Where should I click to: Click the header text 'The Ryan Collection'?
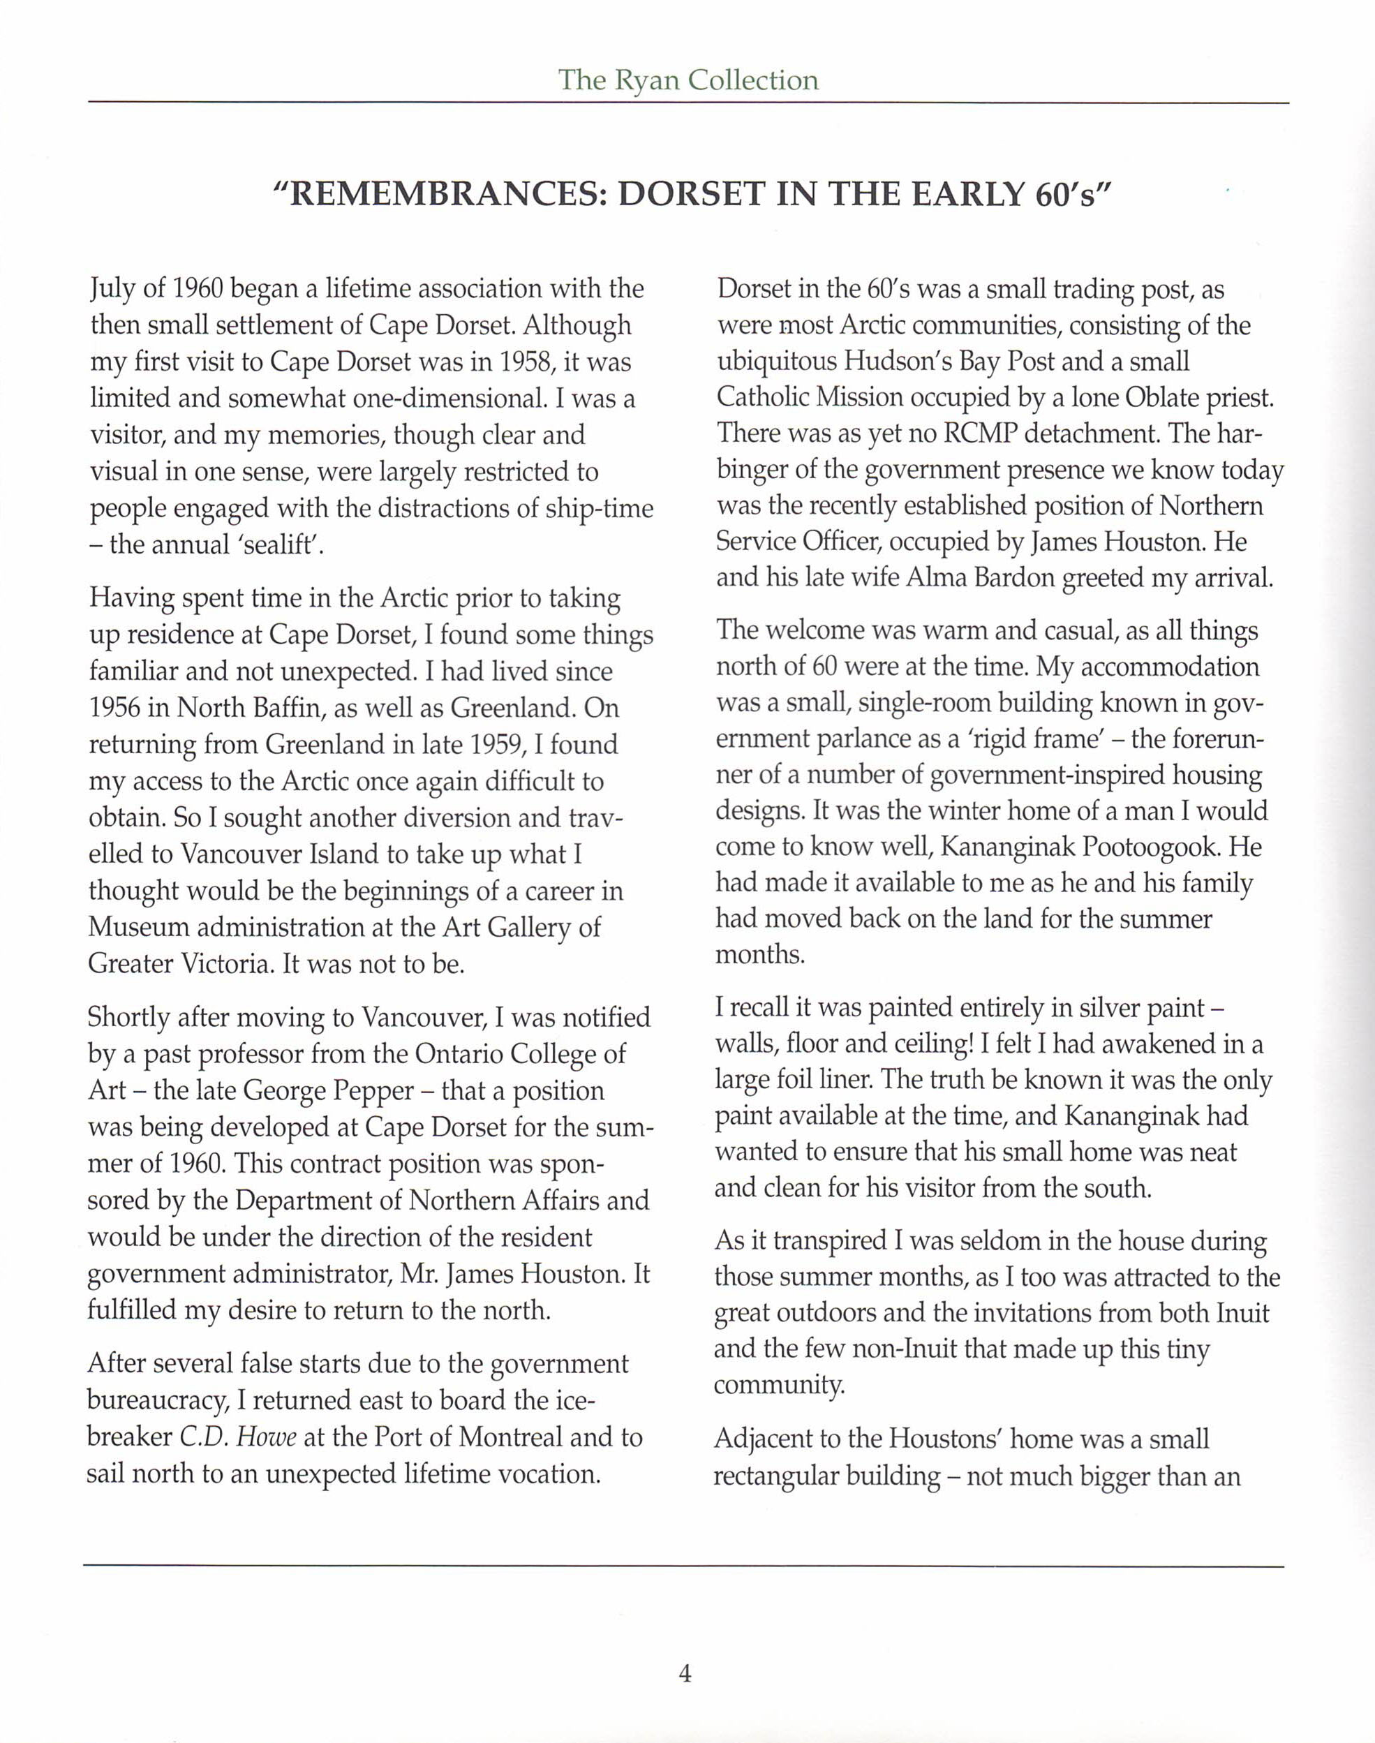click(687, 80)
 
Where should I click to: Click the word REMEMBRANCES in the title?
click(442, 195)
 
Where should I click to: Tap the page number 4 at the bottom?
click(685, 1674)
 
